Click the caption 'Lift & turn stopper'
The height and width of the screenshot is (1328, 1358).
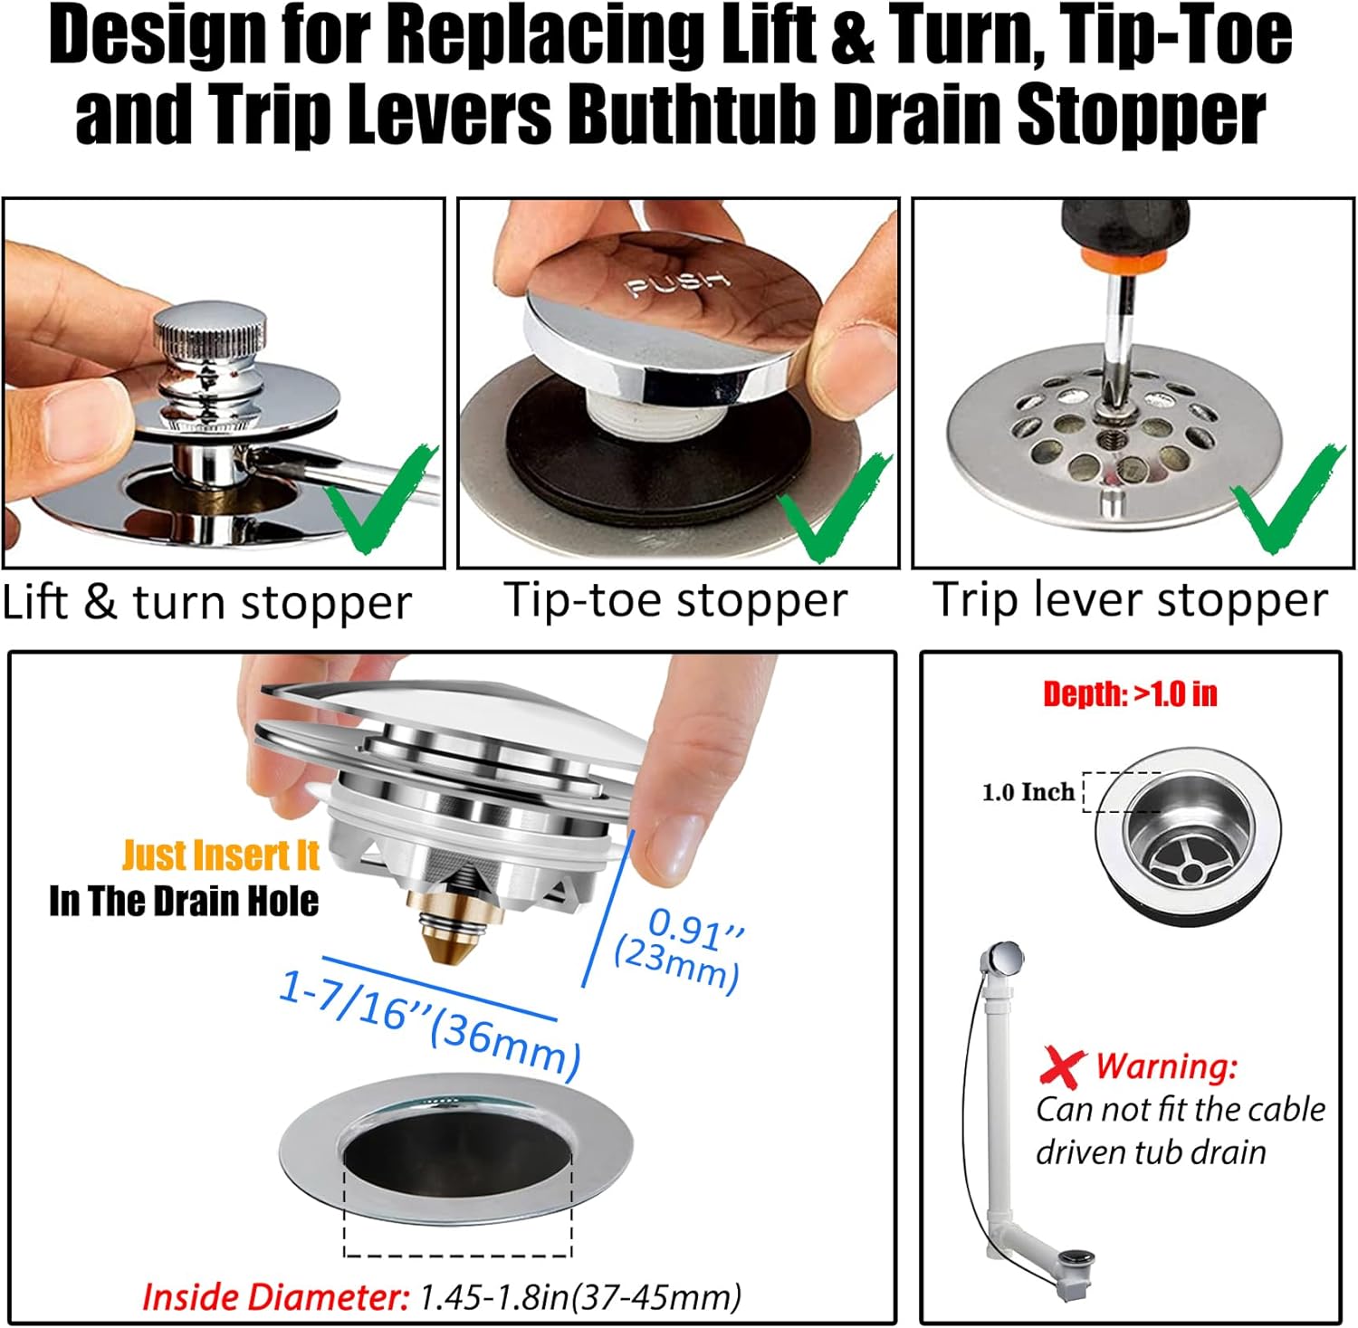pyautogui.click(x=206, y=603)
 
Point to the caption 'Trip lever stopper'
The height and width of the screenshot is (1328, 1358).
pyautogui.click(x=1129, y=600)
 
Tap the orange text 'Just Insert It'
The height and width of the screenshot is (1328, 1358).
pyautogui.click(x=220, y=855)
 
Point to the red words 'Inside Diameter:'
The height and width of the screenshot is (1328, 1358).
pyautogui.click(x=275, y=1297)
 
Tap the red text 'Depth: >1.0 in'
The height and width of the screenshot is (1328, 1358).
pyautogui.click(x=1129, y=694)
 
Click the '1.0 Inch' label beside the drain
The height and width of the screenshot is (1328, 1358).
pyautogui.click(x=1028, y=792)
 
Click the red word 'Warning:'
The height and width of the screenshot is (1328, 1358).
pyautogui.click(x=1166, y=1065)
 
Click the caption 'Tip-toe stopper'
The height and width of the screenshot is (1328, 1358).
pyautogui.click(x=675, y=600)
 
